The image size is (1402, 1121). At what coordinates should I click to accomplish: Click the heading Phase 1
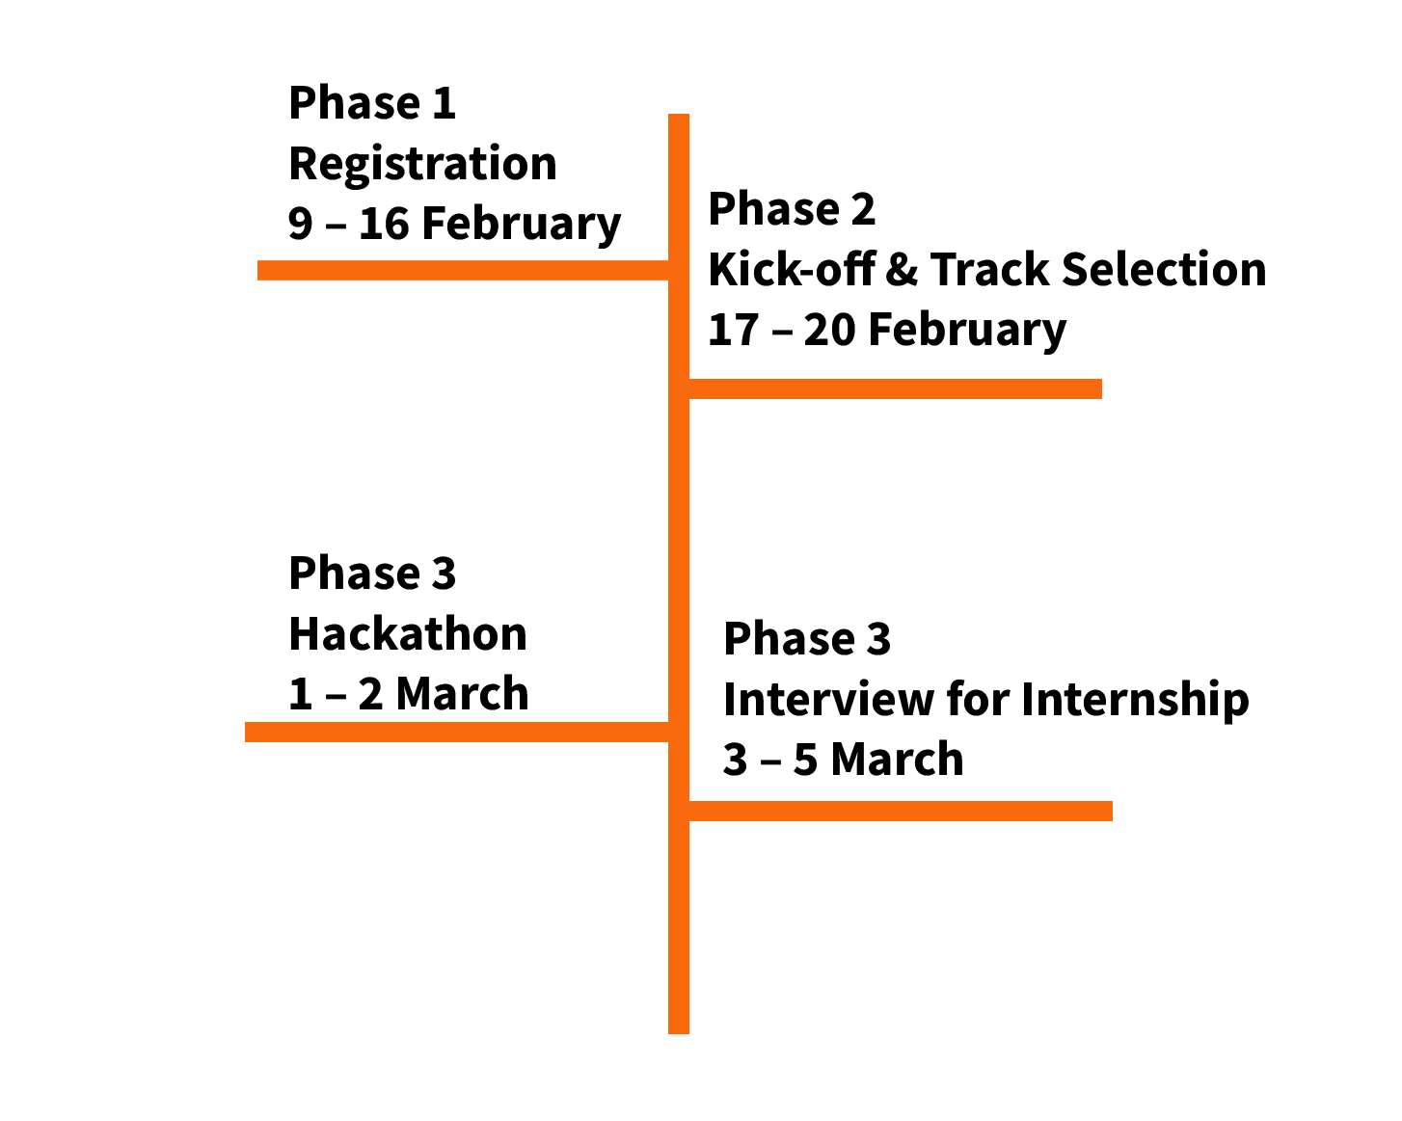point(372,103)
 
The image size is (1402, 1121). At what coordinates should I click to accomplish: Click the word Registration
point(422,165)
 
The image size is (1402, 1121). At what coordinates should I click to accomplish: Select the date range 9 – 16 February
point(455,225)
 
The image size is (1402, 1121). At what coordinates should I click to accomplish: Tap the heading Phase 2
point(792,209)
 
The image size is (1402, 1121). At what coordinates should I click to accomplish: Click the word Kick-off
point(792,269)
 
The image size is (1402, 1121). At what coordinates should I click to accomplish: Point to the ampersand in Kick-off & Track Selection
point(903,270)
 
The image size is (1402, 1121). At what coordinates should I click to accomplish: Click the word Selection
point(1164,269)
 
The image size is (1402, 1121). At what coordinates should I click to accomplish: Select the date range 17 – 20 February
point(887,331)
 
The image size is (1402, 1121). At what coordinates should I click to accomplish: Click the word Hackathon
point(408,634)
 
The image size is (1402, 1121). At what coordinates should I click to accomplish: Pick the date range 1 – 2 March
point(409,694)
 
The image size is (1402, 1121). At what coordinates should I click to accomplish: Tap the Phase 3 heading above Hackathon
point(372,574)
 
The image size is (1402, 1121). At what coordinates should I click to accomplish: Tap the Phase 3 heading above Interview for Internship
point(807,639)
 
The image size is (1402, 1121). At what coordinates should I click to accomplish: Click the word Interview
point(829,699)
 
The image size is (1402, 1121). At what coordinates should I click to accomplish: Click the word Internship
point(1135,701)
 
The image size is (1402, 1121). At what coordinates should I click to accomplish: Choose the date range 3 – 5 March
point(844,760)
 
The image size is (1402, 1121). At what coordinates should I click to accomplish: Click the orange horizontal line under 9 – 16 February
point(463,270)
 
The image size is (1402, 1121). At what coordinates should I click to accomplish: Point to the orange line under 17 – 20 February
point(895,388)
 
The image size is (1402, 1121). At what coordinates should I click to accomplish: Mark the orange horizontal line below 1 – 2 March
point(457,733)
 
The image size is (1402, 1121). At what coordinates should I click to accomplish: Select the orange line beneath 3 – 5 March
point(901,811)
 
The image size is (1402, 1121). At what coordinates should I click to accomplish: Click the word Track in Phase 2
point(990,269)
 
